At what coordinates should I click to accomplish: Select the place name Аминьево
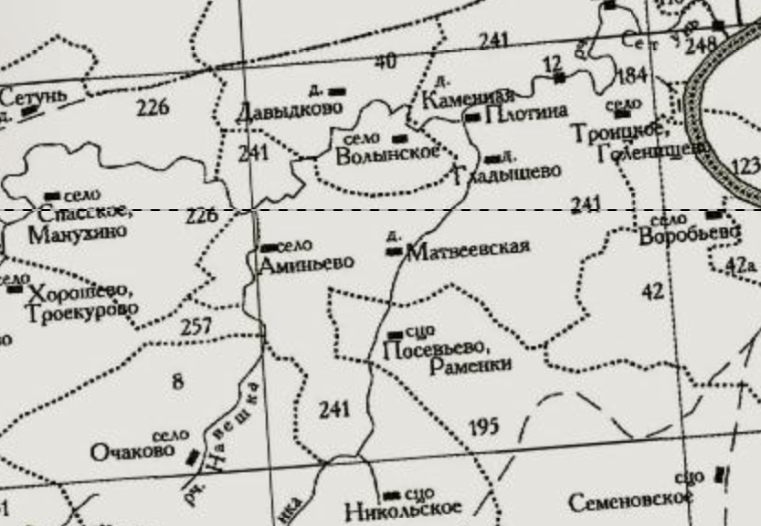[306, 264]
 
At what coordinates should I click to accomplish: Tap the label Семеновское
[628, 502]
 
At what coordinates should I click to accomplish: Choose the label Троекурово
[83, 310]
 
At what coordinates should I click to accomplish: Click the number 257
[196, 326]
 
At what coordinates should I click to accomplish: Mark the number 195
[484, 426]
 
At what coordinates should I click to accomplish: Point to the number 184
[631, 75]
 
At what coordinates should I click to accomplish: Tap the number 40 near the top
[385, 61]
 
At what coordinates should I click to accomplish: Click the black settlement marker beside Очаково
[194, 458]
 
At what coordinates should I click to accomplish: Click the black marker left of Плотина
[472, 117]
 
